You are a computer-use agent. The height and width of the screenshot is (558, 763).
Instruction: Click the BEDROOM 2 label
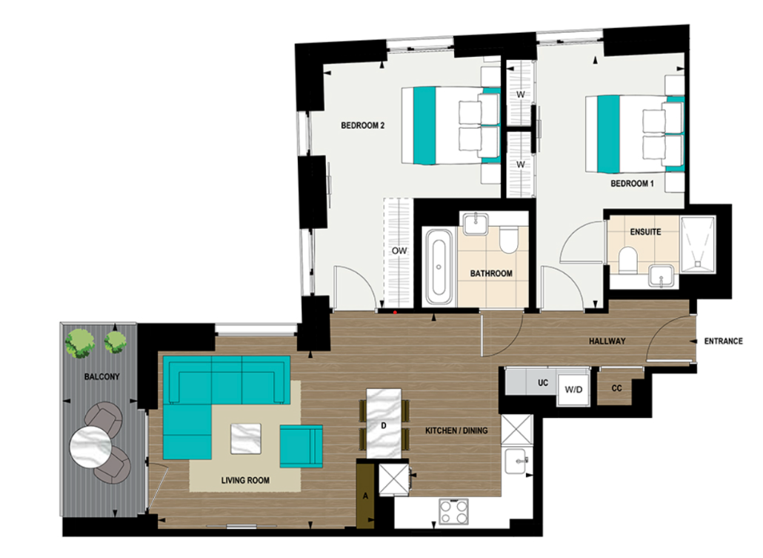[x=362, y=126]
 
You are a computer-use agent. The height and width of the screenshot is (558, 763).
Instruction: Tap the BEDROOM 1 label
[x=632, y=183]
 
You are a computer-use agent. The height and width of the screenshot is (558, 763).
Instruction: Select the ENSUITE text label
[x=645, y=232]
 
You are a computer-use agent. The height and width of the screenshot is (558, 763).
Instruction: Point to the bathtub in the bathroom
[x=439, y=266]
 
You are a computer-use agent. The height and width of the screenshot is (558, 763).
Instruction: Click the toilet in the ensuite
[x=628, y=259]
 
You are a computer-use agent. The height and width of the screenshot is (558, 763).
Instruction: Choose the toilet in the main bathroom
[x=508, y=241]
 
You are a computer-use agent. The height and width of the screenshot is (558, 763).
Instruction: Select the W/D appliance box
[x=573, y=389]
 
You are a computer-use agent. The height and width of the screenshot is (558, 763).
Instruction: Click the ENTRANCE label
[x=723, y=342]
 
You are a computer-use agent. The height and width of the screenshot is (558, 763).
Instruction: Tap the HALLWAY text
[x=607, y=342]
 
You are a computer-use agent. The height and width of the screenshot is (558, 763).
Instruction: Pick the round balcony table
[x=90, y=448]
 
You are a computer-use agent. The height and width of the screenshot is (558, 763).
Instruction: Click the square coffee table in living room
[x=246, y=438]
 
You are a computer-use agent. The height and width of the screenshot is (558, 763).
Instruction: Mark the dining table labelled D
[x=384, y=425]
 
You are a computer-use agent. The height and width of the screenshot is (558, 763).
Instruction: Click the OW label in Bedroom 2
[x=399, y=251]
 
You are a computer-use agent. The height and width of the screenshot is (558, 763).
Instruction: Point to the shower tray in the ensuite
[x=698, y=245]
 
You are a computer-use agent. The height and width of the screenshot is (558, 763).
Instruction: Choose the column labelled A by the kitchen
[x=365, y=494]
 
